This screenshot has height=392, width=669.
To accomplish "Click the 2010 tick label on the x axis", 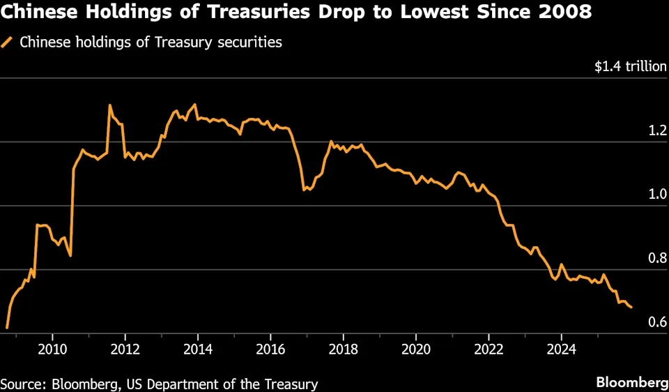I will [x=52, y=348].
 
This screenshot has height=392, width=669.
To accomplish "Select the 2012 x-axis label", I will [x=125, y=348].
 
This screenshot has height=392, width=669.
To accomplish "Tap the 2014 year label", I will [x=198, y=348].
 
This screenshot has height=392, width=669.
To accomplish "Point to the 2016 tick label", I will [x=270, y=348].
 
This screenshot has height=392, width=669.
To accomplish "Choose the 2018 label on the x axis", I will [x=343, y=348].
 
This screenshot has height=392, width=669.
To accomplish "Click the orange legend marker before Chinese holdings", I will [x=8, y=43].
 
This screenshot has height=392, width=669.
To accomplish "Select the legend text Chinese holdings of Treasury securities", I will [x=151, y=43].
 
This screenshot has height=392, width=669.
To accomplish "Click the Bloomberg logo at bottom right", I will [x=631, y=382].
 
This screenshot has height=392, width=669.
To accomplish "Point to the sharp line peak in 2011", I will [x=110, y=105].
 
